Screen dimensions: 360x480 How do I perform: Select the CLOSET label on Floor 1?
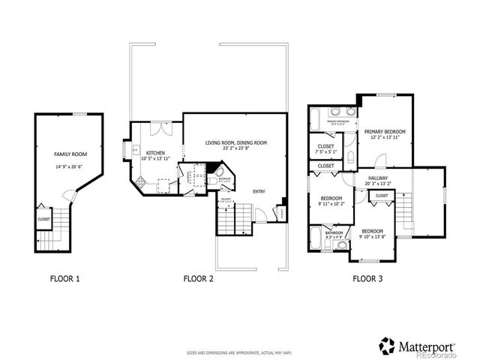click(43, 219)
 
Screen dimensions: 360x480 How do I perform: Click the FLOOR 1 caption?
click(64, 279)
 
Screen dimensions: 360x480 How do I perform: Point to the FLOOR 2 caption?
click(199, 279)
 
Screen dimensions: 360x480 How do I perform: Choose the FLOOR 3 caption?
click(367, 279)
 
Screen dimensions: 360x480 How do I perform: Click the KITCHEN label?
click(155, 151)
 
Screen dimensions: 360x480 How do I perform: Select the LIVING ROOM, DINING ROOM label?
click(236, 142)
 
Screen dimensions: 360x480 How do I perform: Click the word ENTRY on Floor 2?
click(259, 191)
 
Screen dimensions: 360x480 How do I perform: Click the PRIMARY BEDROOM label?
click(384, 131)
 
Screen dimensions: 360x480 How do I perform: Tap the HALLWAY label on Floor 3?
click(376, 178)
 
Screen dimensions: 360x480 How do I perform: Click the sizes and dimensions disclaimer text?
click(238, 352)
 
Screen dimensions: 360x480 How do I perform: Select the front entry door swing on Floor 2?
click(259, 216)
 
